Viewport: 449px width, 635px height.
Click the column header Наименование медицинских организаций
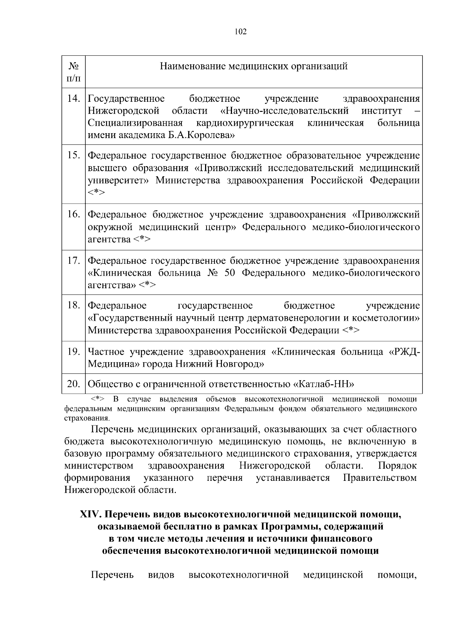coord(254,67)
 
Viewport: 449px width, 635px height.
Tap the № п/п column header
coord(73,72)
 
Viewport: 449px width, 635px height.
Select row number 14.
coord(74,99)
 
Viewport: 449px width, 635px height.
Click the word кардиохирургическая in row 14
coord(245,123)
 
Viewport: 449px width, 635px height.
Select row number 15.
coord(74,156)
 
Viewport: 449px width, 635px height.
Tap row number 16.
coord(74,214)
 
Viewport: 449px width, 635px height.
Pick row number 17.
coord(74,260)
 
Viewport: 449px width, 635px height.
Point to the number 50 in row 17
coord(229,273)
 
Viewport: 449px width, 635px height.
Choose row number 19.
coord(74,352)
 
